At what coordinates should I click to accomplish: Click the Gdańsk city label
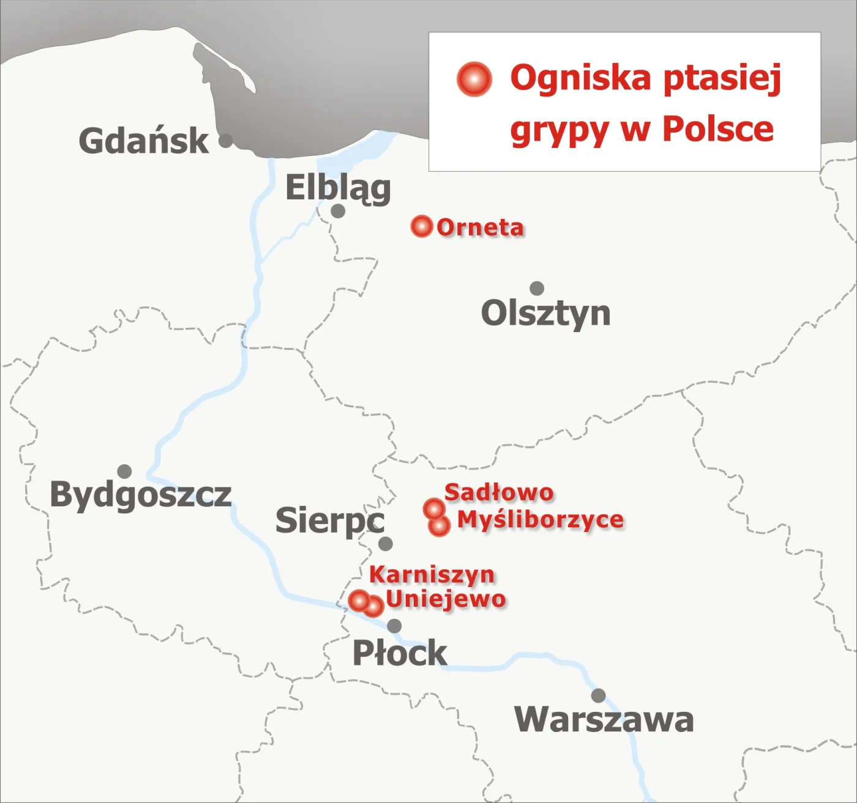click(x=144, y=141)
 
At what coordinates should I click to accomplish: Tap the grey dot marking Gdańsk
click(x=226, y=141)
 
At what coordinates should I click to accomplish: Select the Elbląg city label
click(x=338, y=187)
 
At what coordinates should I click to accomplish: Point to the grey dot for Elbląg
click(x=338, y=211)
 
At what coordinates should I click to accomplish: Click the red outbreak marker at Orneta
click(x=421, y=226)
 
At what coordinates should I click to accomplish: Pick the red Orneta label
click(x=481, y=228)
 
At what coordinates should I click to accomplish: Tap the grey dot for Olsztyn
click(x=537, y=288)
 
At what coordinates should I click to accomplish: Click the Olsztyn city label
click(x=545, y=314)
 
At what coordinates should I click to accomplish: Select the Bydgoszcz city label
click(x=141, y=494)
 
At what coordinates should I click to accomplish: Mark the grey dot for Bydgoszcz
click(x=125, y=472)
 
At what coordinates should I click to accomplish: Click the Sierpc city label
click(x=330, y=520)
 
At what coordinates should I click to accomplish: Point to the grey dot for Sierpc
click(x=386, y=544)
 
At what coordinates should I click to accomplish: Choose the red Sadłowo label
click(x=499, y=492)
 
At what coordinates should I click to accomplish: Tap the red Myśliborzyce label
click(x=541, y=520)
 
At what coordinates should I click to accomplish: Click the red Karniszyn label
click(x=432, y=575)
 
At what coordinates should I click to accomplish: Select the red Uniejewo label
click(x=446, y=599)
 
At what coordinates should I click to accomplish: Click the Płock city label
click(x=400, y=653)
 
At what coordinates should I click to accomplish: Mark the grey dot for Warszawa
click(x=598, y=695)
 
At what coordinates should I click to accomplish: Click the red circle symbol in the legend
click(x=474, y=80)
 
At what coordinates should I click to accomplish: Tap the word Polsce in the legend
click(x=718, y=129)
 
